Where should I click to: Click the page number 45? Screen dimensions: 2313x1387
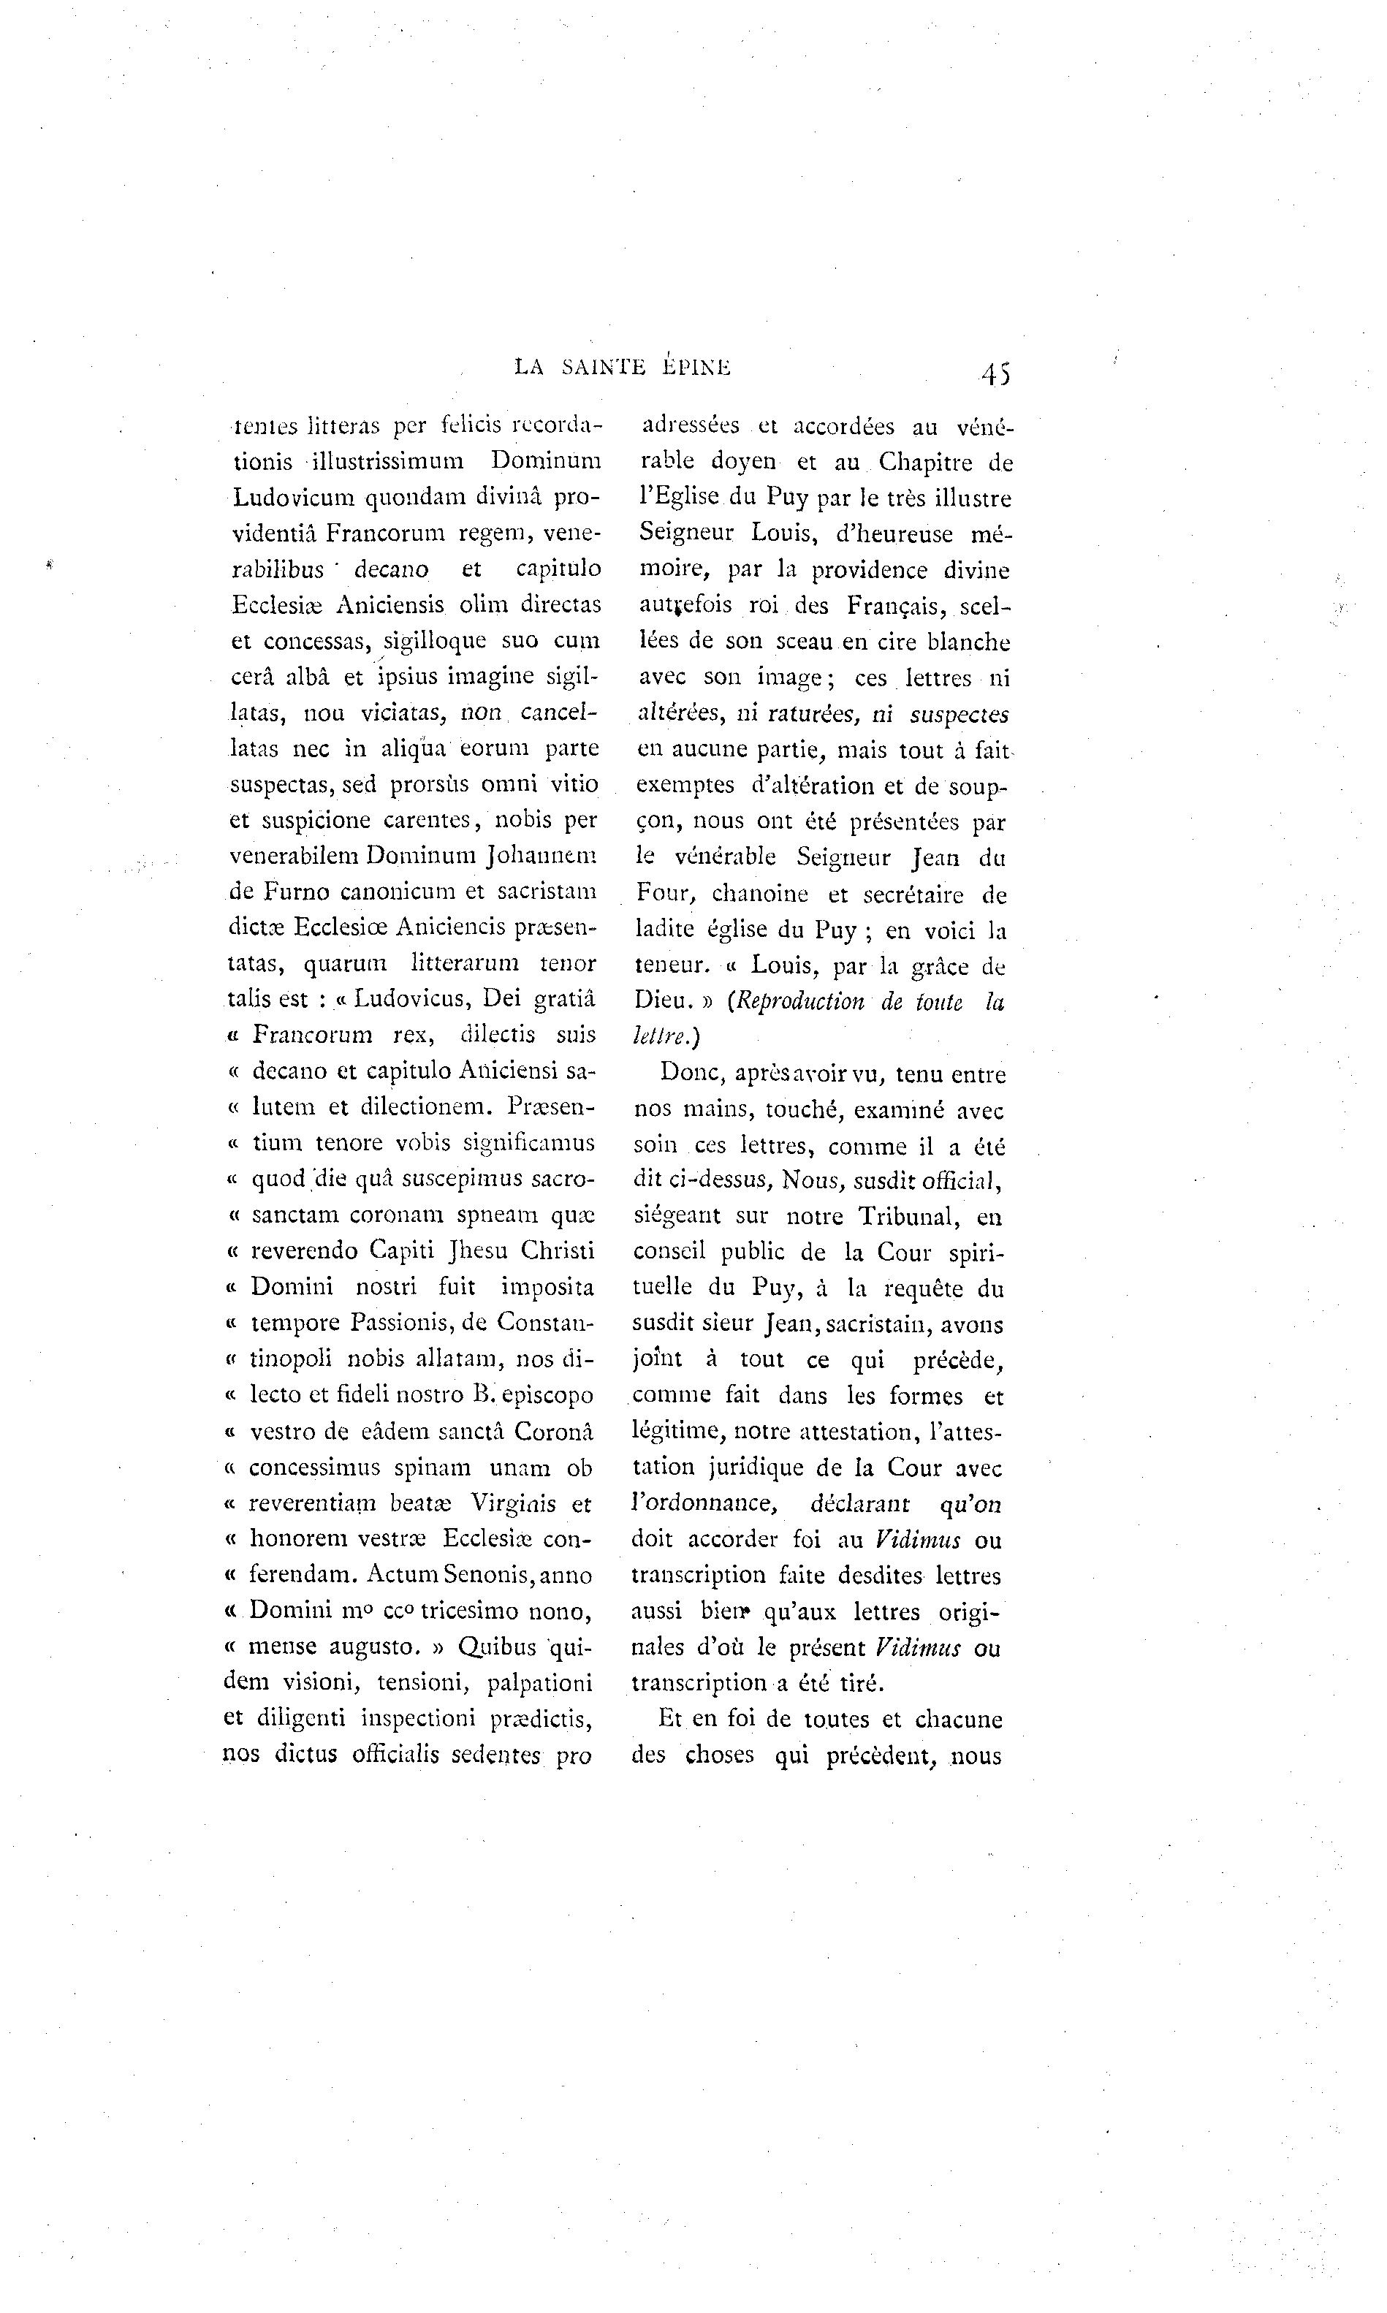tap(995, 374)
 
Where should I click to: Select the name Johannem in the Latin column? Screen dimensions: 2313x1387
tap(543, 854)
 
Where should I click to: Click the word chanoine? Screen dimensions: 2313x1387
tap(760, 894)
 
